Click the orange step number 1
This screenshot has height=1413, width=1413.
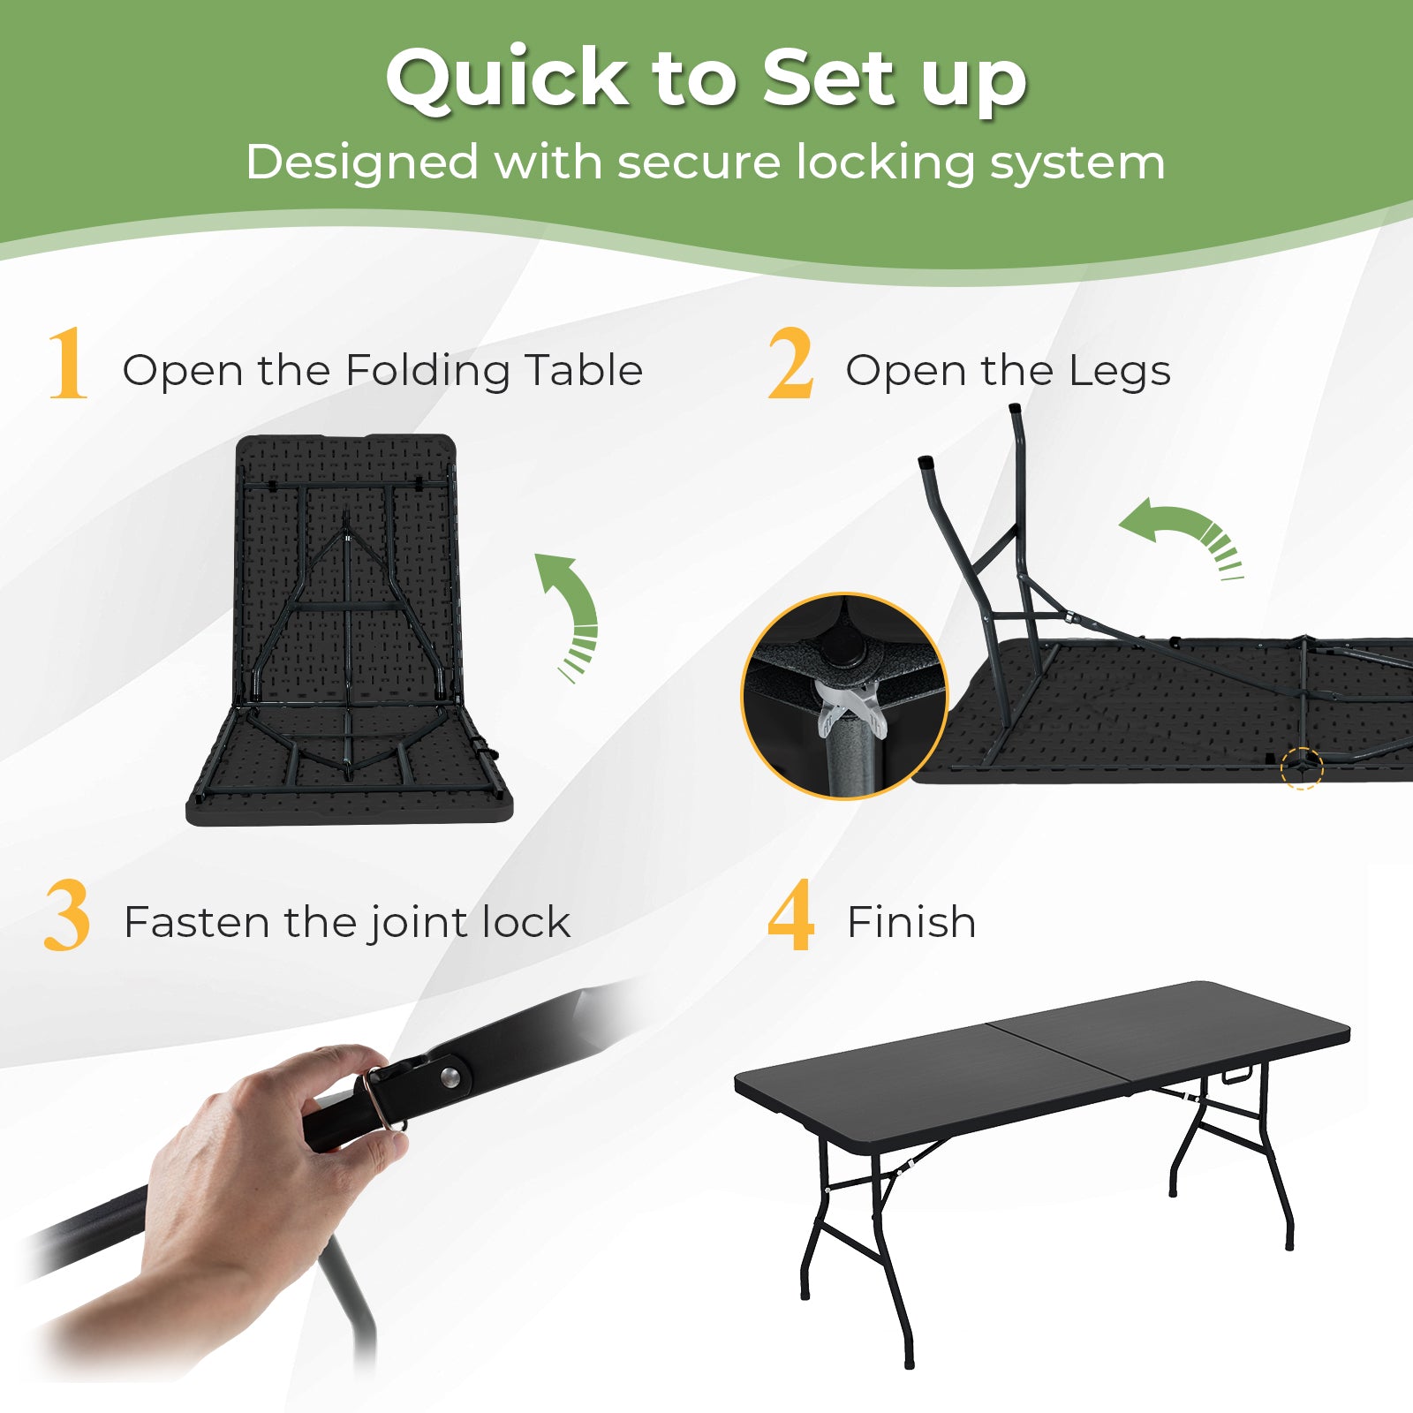(68, 363)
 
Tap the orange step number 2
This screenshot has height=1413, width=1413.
(790, 363)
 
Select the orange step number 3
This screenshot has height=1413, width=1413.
(67, 916)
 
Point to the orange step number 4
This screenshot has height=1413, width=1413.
(790, 916)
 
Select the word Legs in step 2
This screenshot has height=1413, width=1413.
(1119, 371)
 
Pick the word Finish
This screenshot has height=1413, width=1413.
(911, 922)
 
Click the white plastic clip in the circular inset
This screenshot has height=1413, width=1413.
(851, 706)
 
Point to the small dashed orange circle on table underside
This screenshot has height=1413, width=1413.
(1302, 767)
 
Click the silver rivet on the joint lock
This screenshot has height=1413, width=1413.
(451, 1076)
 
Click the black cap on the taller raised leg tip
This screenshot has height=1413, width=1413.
(1016, 410)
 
